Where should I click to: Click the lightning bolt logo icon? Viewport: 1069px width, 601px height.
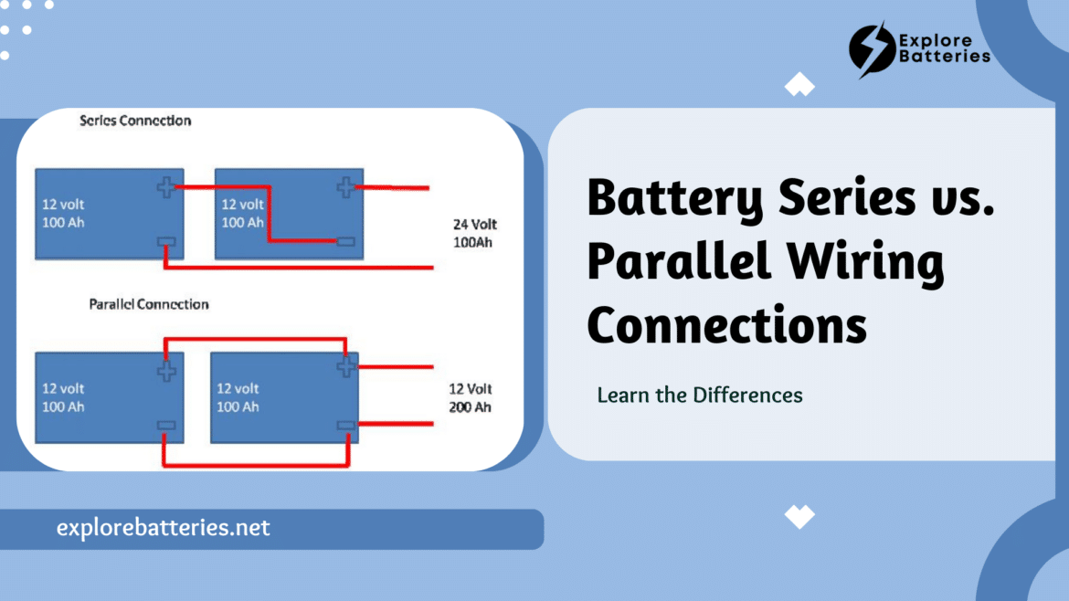872,48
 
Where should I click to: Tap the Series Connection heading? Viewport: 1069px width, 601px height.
135,121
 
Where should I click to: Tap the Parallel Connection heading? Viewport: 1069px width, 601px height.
148,304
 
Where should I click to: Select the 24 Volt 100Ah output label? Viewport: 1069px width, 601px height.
475,233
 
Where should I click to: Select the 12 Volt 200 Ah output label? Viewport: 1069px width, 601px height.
471,397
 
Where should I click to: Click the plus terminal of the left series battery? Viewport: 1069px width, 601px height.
165,187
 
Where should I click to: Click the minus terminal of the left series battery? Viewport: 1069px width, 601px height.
166,243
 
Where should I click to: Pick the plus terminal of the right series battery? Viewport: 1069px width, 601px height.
345,187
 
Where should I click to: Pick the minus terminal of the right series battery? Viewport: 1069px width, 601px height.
345,242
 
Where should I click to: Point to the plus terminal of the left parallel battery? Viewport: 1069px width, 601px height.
165,371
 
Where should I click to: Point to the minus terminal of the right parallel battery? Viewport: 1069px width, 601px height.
345,425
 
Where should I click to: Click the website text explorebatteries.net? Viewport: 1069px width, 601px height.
163,528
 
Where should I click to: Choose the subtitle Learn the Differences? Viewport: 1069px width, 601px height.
700,395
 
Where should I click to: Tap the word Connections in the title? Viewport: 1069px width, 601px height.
726,325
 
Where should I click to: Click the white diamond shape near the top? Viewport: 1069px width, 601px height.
799,85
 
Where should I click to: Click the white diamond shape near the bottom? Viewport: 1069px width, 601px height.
799,516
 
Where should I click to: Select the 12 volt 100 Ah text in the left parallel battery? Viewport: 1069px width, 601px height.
63,397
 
